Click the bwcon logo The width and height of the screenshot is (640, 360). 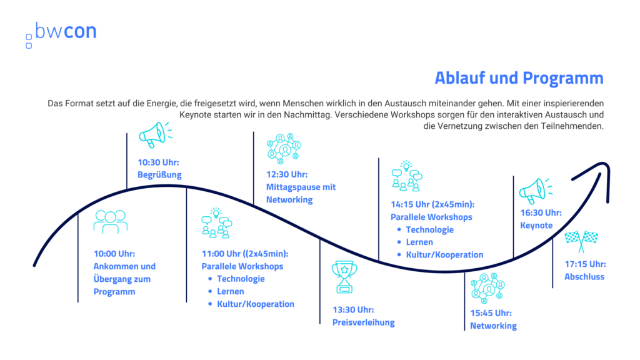[x=61, y=34]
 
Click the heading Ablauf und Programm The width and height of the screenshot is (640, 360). [x=519, y=78]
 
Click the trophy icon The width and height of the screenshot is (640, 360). [x=344, y=277]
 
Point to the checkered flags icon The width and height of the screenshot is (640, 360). [x=581, y=241]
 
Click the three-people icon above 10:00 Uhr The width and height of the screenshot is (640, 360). [x=110, y=222]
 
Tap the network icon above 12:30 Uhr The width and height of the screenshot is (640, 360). [x=284, y=149]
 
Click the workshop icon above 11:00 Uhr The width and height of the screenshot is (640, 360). [x=216, y=223]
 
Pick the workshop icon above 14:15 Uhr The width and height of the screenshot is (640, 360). [x=406, y=176]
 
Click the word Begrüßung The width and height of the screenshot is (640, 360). [x=159, y=175]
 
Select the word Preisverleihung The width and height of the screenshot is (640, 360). [x=363, y=322]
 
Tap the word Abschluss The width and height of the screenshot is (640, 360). [x=584, y=277]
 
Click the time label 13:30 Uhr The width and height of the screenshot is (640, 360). [x=353, y=310]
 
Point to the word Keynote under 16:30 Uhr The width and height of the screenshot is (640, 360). [x=536, y=225]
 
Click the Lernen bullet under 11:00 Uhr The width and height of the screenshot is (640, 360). [x=230, y=291]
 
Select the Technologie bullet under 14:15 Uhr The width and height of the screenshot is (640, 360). [x=429, y=230]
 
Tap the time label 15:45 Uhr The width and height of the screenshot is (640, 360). [x=491, y=313]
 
